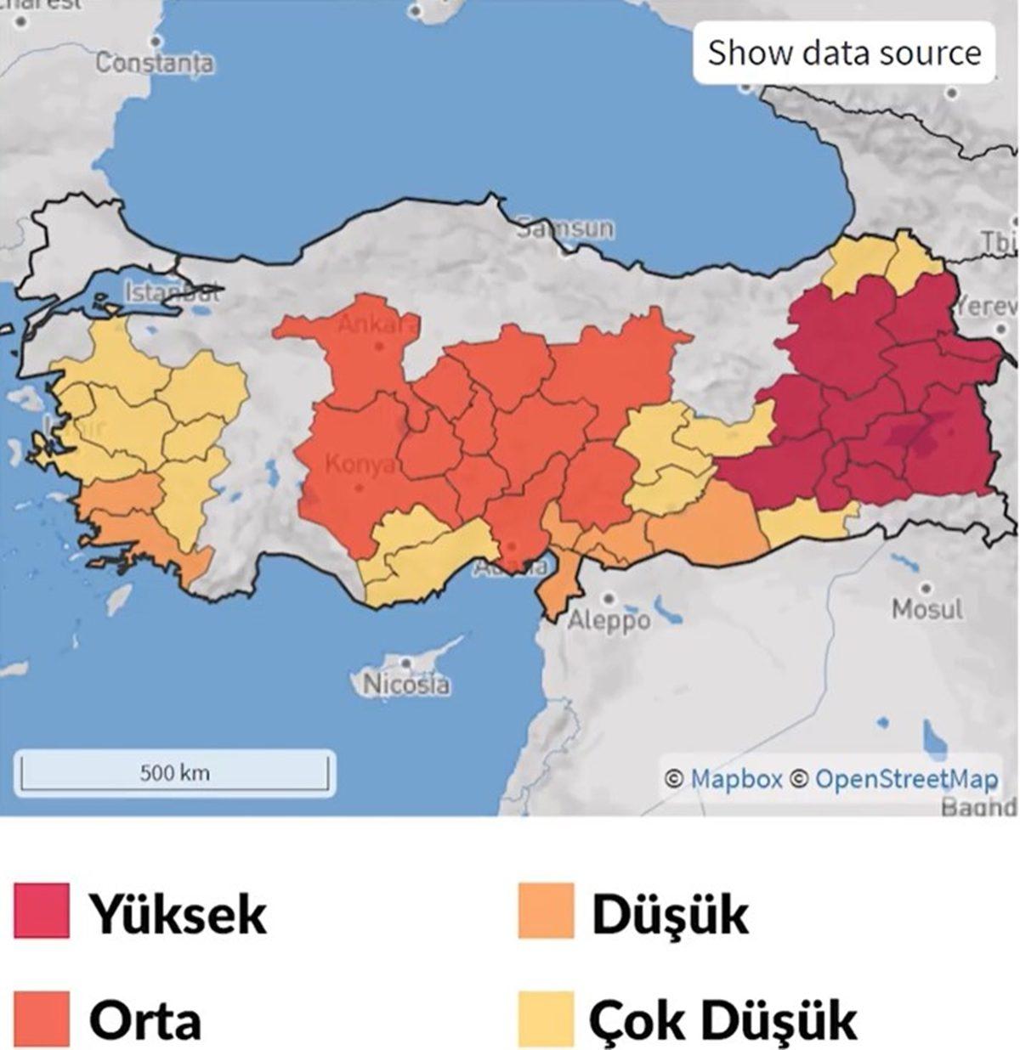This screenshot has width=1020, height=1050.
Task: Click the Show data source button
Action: (844, 53)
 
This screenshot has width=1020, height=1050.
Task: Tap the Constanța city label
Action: (155, 64)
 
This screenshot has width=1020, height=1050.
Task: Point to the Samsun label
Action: (565, 229)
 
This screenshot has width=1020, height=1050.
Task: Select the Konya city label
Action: (360, 465)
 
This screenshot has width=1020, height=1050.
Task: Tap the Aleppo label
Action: (609, 620)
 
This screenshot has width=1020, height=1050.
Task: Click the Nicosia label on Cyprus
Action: (406, 684)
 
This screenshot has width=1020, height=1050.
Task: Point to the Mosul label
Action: (927, 609)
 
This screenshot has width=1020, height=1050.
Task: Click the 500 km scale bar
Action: (174, 772)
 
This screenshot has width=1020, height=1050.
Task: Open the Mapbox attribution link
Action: (735, 778)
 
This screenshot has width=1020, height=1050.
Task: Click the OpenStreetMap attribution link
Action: (906, 778)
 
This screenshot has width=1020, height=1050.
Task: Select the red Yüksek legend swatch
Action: (41, 911)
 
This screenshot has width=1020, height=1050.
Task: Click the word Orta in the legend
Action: (145, 1019)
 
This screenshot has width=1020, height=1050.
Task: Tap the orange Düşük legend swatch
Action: (546, 911)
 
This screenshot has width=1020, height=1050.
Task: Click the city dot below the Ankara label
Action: (379, 347)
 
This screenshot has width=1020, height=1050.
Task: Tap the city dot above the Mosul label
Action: (926, 588)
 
